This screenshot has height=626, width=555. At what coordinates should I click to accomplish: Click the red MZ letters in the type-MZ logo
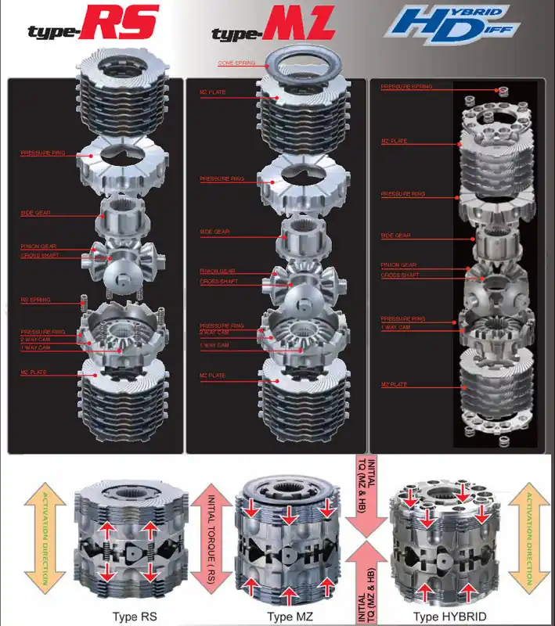[301, 25]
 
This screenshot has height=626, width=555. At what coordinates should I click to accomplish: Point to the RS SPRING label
[34, 300]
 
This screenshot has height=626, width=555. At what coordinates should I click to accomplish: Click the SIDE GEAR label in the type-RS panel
[36, 213]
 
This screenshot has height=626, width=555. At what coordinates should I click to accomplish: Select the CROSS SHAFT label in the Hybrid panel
[400, 275]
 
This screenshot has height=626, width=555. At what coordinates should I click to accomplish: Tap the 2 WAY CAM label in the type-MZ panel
[214, 333]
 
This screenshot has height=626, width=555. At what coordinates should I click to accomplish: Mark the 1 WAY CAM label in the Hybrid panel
[396, 327]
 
